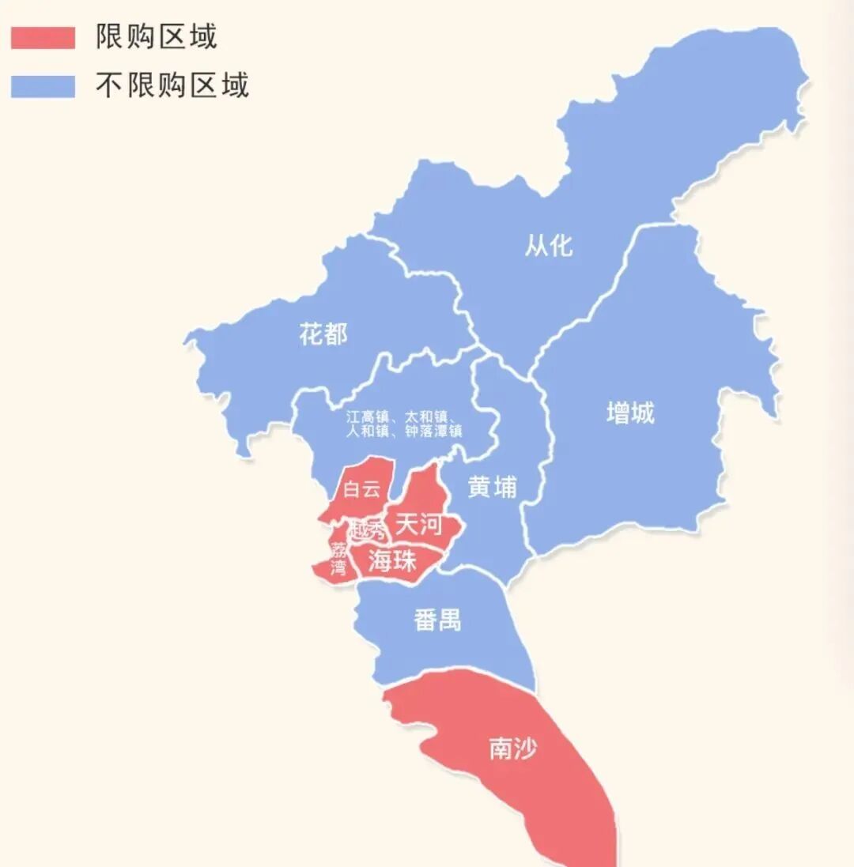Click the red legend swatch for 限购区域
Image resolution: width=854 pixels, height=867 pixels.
pyautogui.click(x=43, y=38)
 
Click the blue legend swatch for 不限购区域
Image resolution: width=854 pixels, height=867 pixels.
pyautogui.click(x=43, y=86)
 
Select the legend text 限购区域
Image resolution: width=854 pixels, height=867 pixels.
pyautogui.click(x=157, y=37)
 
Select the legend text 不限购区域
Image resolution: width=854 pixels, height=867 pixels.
pyautogui.click(x=172, y=85)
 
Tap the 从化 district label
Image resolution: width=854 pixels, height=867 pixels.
pyautogui.click(x=549, y=246)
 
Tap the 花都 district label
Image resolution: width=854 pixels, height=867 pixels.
pyautogui.click(x=323, y=334)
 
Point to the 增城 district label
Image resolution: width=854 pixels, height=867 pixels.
pyautogui.click(x=630, y=413)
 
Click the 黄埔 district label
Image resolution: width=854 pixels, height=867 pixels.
pyautogui.click(x=492, y=488)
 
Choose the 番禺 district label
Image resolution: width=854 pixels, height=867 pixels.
pyautogui.click(x=437, y=620)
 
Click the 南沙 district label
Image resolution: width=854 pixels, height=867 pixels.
pyautogui.click(x=512, y=748)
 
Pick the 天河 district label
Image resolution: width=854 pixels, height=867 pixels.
pyautogui.click(x=418, y=524)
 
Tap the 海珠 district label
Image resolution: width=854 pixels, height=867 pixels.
pyautogui.click(x=392, y=560)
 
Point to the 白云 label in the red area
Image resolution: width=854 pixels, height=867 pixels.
pyautogui.click(x=362, y=489)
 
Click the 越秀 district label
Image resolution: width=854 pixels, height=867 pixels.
pyautogui.click(x=366, y=530)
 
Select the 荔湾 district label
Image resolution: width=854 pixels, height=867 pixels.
pyautogui.click(x=338, y=559)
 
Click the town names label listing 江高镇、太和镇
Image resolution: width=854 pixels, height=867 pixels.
pyautogui.click(x=404, y=424)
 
